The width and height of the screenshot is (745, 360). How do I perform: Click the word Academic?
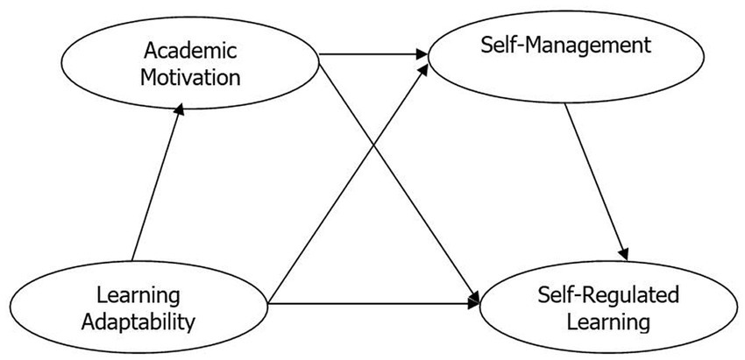pyautogui.click(x=192, y=48)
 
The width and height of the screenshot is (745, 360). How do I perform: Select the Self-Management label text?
pyautogui.click(x=566, y=45)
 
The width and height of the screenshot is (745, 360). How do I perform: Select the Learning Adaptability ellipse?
pyautogui.click(x=53, y=307)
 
